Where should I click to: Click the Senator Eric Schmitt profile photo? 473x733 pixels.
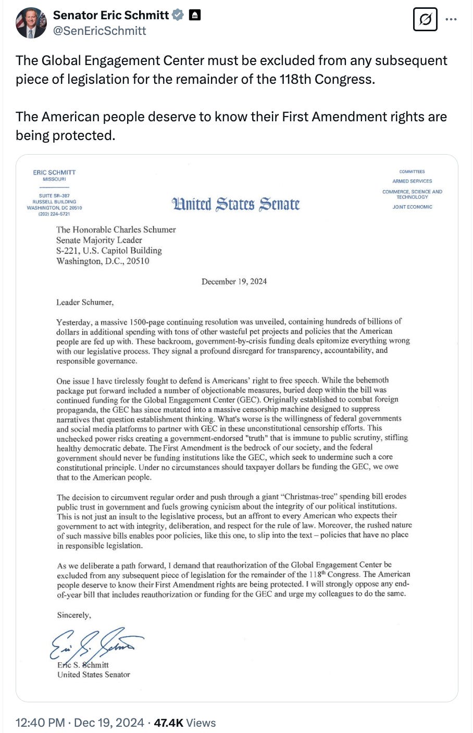click(x=31, y=23)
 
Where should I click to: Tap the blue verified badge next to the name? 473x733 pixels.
click(x=178, y=16)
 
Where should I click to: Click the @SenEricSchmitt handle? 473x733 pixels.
click(x=99, y=31)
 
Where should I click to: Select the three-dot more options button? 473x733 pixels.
click(x=451, y=20)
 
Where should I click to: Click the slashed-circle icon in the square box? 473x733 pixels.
click(x=425, y=20)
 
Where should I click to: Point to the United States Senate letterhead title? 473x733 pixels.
click(x=236, y=204)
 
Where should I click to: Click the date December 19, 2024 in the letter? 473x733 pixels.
click(x=234, y=282)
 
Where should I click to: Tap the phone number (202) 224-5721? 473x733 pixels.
click(x=54, y=214)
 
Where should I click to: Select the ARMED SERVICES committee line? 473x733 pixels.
click(x=412, y=181)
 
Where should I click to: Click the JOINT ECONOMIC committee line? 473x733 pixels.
click(x=412, y=207)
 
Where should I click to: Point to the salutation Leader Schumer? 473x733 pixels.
click(x=85, y=302)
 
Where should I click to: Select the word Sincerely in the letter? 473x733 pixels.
click(x=73, y=615)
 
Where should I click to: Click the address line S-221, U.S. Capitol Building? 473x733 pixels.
click(x=109, y=250)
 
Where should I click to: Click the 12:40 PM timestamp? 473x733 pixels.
click(x=41, y=723)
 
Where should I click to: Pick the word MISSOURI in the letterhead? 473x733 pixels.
click(x=54, y=179)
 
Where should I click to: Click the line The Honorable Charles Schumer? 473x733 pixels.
click(x=116, y=230)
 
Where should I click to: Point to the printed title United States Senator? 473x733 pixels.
click(x=94, y=675)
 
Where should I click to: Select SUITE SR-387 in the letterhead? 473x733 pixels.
click(x=54, y=196)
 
